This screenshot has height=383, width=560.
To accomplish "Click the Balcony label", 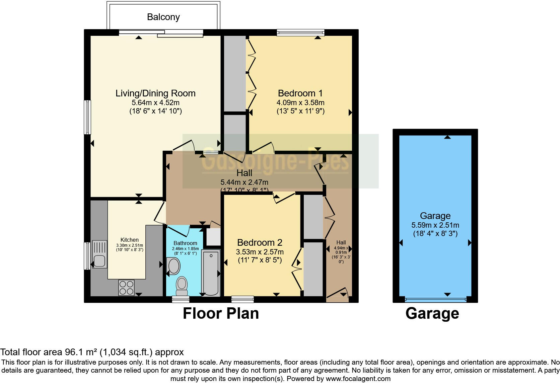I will click(163, 17).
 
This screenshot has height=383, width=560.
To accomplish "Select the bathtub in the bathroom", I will click(211, 273).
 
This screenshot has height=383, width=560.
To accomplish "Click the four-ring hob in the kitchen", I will click(126, 288).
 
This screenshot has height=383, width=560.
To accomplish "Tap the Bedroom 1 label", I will click(300, 93).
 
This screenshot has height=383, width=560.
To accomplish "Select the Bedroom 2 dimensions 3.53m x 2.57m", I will click(260, 252).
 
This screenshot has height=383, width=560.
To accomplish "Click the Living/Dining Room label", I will click(155, 93).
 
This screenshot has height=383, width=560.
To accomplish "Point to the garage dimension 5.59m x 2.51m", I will click(435, 225).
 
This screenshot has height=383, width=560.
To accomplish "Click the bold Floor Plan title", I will click(221, 314).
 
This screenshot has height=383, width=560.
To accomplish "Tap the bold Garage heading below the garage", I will click(432, 314).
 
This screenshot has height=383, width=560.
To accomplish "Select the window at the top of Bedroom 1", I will click(300, 32).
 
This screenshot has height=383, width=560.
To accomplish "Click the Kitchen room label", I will click(130, 240).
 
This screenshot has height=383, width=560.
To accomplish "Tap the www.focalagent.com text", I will click(358, 379).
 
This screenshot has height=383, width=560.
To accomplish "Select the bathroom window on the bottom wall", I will click(181, 299).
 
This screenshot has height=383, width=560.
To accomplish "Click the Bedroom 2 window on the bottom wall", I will click(242, 299).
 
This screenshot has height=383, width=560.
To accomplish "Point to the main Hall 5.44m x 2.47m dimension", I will click(244, 182).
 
